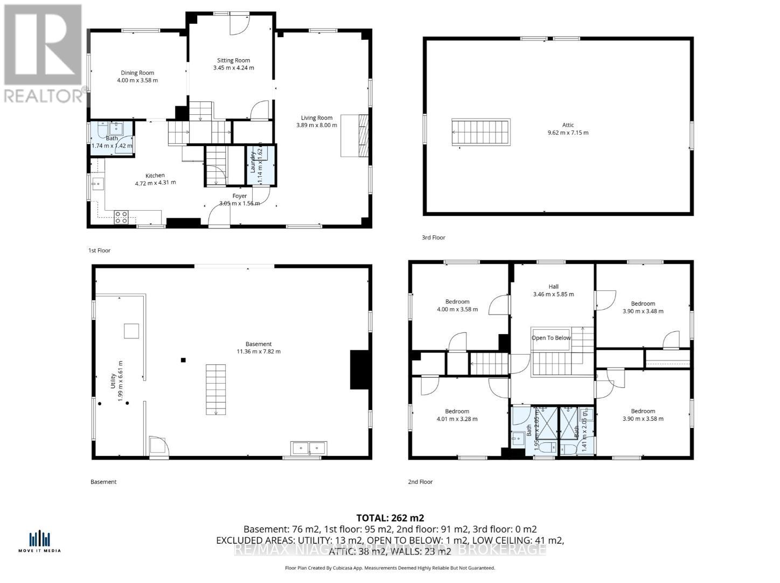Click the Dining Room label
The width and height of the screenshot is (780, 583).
click(137, 73)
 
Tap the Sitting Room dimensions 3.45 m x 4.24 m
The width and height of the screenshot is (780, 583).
click(233, 68)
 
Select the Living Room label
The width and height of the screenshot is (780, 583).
click(316, 117)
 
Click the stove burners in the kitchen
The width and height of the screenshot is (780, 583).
click(121, 217)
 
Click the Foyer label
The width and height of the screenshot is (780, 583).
click(239, 196)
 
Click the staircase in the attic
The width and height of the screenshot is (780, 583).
click(480, 133)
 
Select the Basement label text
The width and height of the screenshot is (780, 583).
click(259, 344)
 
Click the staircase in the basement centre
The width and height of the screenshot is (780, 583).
click(215, 389)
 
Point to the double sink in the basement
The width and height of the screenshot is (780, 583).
click(309, 448)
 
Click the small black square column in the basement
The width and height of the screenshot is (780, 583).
click(184, 360)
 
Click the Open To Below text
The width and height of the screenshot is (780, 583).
click(551, 338)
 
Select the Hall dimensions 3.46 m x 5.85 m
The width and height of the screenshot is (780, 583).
click(553, 294)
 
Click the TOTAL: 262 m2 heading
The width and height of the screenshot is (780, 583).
click(390, 518)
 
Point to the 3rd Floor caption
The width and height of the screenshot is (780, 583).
click(434, 238)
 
